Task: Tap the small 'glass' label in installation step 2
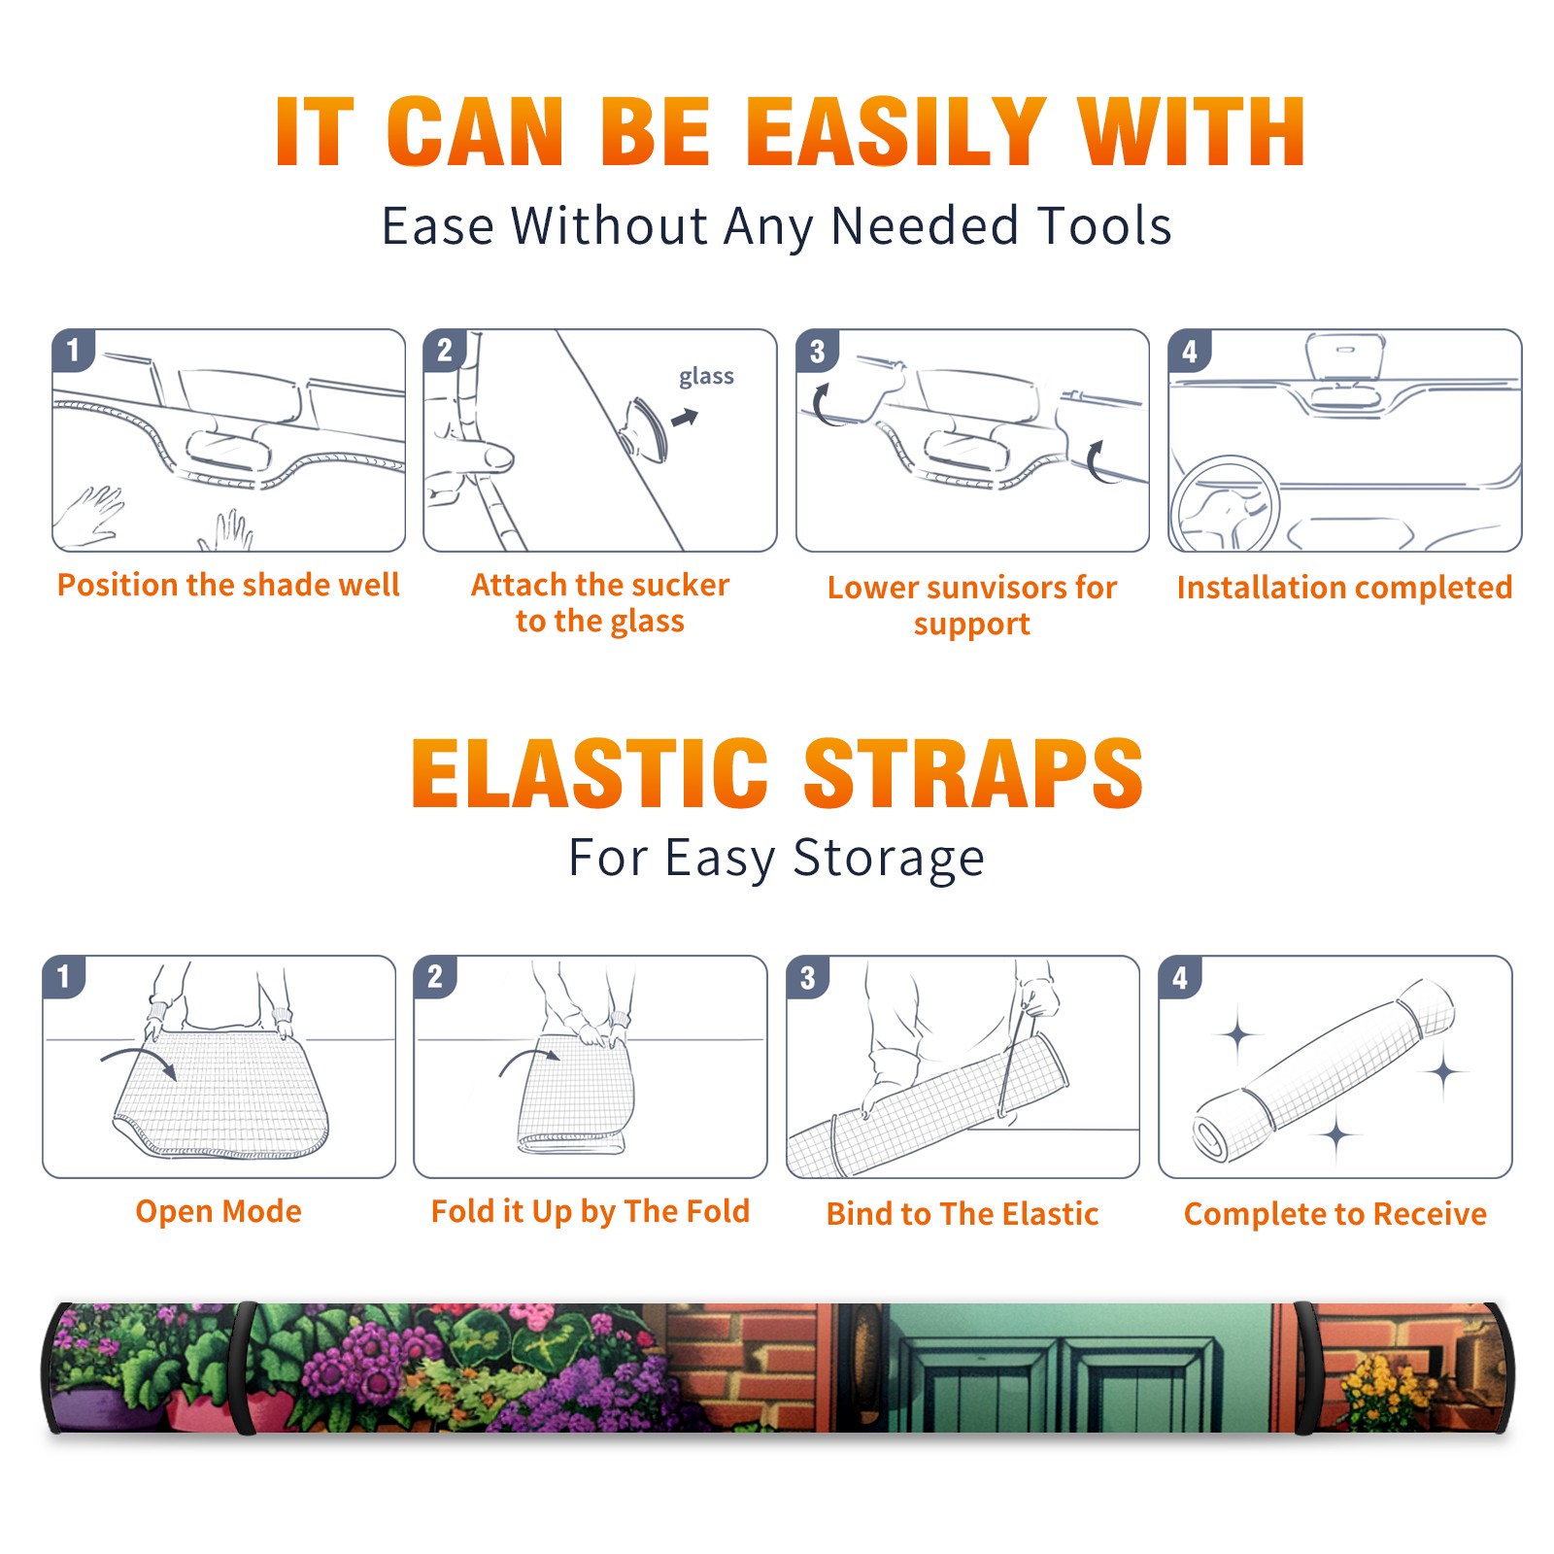click(x=706, y=377)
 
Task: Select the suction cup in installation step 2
click(x=644, y=429)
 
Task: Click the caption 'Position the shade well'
click(x=228, y=585)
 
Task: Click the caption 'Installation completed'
click(x=1344, y=587)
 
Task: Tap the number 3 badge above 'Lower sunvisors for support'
click(x=817, y=351)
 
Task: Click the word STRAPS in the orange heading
click(x=973, y=773)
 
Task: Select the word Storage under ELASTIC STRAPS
click(x=889, y=859)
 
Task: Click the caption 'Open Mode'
click(x=219, y=1211)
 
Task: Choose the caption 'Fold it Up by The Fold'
click(x=591, y=1211)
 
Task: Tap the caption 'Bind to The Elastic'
click(x=962, y=1214)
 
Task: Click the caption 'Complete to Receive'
click(x=1335, y=1214)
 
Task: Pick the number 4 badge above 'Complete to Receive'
click(x=1180, y=977)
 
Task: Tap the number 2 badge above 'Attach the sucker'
click(x=444, y=351)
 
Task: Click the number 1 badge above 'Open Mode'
click(x=64, y=977)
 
